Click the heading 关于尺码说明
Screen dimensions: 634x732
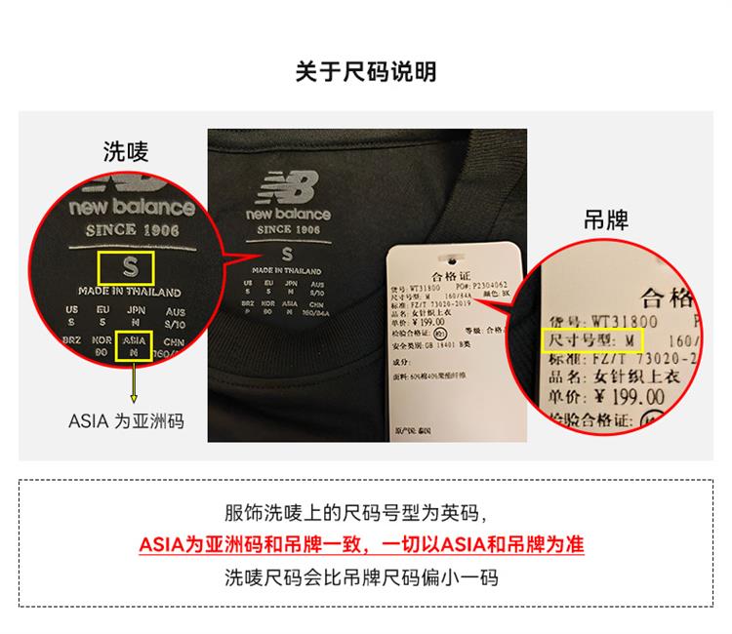point(366,72)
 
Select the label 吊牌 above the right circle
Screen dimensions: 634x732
point(605,221)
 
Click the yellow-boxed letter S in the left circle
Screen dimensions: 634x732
point(129,266)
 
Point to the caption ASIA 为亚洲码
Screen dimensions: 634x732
point(126,421)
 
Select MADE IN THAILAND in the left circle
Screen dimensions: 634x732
point(130,292)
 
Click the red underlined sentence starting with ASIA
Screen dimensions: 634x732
point(366,544)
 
